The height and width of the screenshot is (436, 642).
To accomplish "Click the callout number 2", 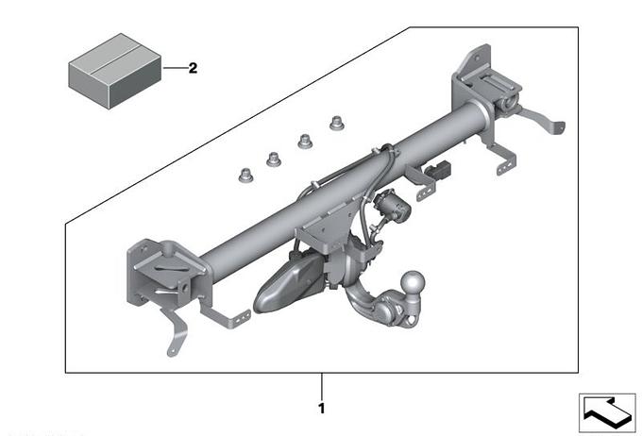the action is (x=193, y=68).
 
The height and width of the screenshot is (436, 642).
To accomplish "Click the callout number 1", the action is (x=322, y=409).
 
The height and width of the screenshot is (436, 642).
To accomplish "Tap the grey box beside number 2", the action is (x=114, y=71).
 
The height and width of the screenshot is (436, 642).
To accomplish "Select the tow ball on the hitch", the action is (x=412, y=282).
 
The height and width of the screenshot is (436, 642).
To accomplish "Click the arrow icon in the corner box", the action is (x=606, y=412).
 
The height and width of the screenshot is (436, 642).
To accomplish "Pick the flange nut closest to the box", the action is (x=245, y=176).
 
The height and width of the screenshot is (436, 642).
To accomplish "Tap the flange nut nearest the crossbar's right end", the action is (x=336, y=123).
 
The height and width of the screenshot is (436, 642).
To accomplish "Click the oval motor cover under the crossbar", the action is (x=287, y=283).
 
